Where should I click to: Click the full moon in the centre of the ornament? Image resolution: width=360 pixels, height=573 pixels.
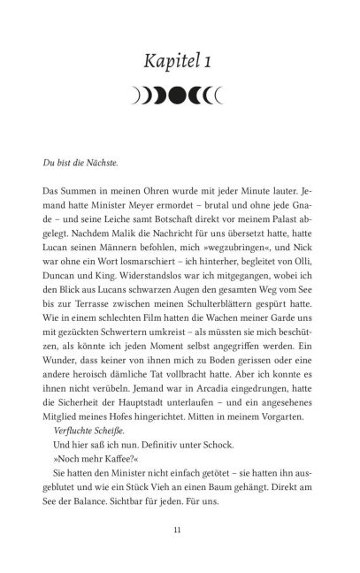click(180, 91)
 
